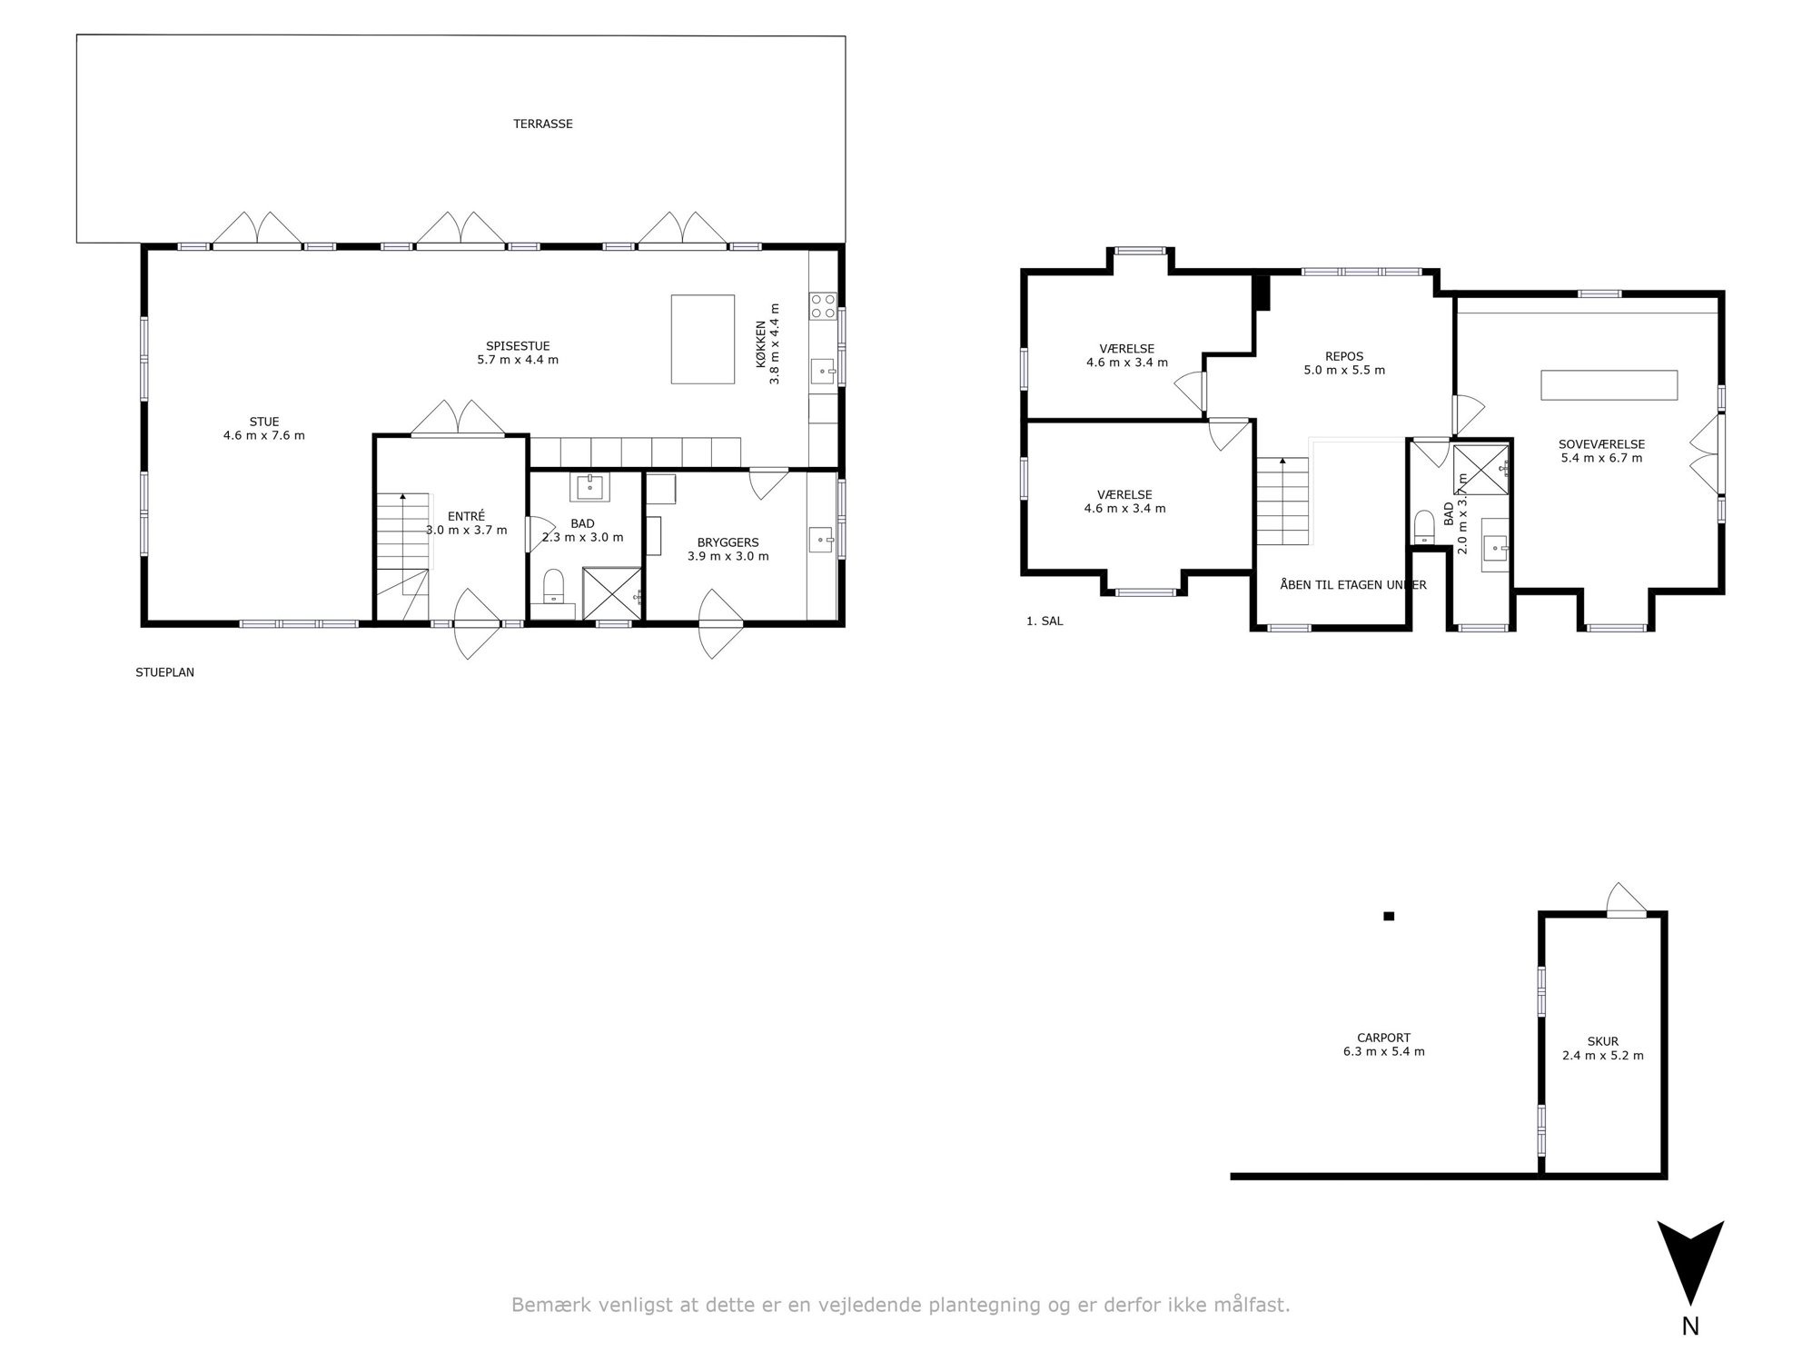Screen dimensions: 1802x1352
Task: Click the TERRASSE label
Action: click(x=543, y=124)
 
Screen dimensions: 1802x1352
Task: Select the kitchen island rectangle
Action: click(x=703, y=339)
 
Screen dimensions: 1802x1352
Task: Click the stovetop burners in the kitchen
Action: click(x=823, y=304)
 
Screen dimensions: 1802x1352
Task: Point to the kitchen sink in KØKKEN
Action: click(x=824, y=371)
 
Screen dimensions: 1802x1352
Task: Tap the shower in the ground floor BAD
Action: click(x=611, y=594)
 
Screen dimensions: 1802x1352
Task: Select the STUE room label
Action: click(x=264, y=422)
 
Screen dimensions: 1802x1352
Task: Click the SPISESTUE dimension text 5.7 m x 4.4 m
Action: click(x=518, y=360)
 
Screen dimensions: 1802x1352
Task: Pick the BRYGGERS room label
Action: click(x=728, y=542)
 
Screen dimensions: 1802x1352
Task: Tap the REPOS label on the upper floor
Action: click(x=1344, y=356)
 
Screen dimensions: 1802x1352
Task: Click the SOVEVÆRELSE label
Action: click(x=1601, y=444)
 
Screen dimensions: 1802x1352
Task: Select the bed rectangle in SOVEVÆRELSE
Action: click(x=1609, y=384)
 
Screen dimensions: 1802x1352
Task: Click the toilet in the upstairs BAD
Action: click(x=1424, y=527)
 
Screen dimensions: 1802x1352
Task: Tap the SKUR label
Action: click(x=1603, y=1041)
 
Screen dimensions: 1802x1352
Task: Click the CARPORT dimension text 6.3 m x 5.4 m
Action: click(x=1383, y=1052)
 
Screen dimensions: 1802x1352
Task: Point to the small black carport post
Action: click(x=1389, y=916)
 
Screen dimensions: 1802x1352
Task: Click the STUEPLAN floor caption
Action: click(x=164, y=672)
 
